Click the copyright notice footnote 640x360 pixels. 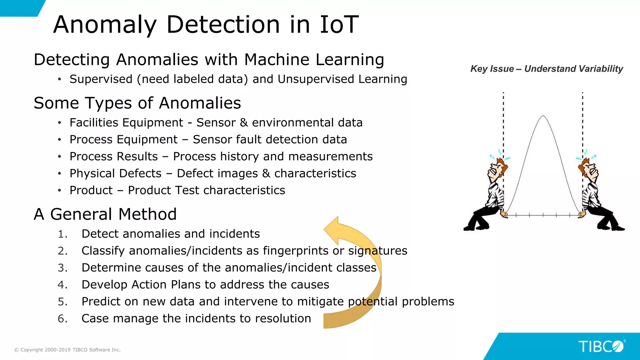[67, 350]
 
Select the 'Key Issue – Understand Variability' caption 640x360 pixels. [547, 69]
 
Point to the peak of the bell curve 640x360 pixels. [543, 116]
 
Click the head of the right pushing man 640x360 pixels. [589, 169]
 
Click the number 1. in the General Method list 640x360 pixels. [62, 234]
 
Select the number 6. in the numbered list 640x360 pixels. [62, 319]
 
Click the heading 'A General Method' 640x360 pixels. [105, 214]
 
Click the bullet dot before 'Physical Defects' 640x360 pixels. [59, 173]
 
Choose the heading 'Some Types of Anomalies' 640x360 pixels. [137, 103]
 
